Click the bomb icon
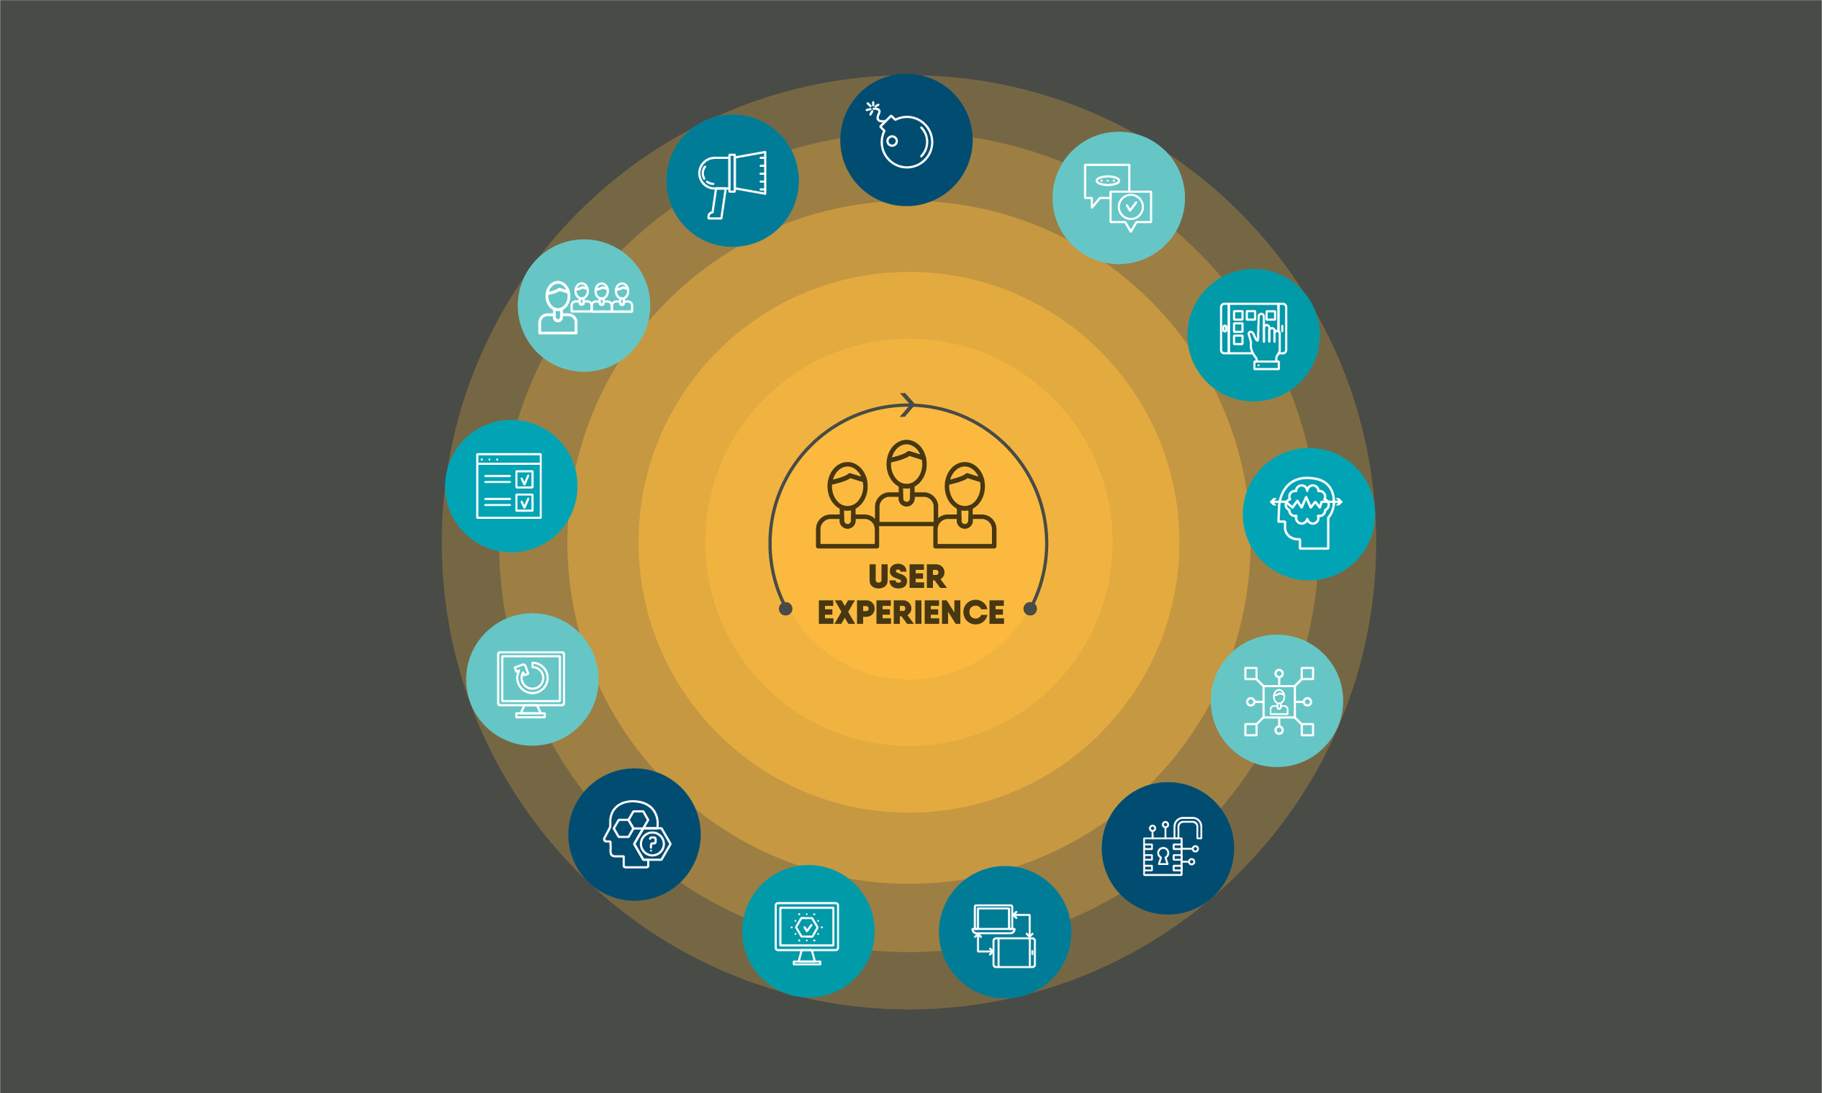point(906,140)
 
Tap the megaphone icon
point(732,181)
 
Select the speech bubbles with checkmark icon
point(1118,198)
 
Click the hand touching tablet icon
point(1253,336)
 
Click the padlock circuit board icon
point(1169,848)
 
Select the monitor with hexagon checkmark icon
point(808,932)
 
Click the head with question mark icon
point(635,835)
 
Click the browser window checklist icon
point(509,486)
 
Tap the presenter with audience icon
point(584,306)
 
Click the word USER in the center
point(907,576)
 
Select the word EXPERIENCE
point(910,613)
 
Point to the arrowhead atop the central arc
point(908,404)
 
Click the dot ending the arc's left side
point(786,609)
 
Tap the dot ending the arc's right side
point(1031,609)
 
